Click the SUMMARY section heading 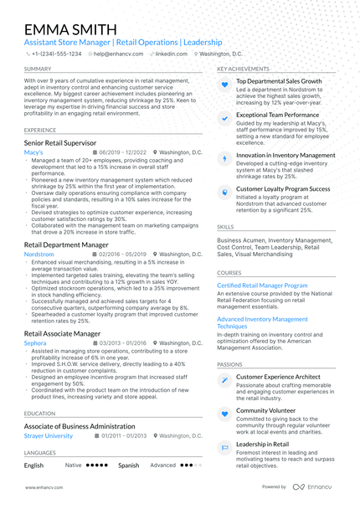(x=38, y=69)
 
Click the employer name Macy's (x=33, y=153)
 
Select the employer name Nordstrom (x=39, y=254)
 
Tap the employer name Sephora (x=35, y=343)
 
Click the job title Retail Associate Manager (x=63, y=333)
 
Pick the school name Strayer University (x=49, y=435)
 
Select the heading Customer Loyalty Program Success (x=283, y=189)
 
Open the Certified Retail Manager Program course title (x=262, y=285)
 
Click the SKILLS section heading (x=225, y=227)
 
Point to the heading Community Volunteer (x=265, y=411)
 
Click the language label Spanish (x=128, y=465)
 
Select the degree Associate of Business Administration (x=79, y=425)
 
